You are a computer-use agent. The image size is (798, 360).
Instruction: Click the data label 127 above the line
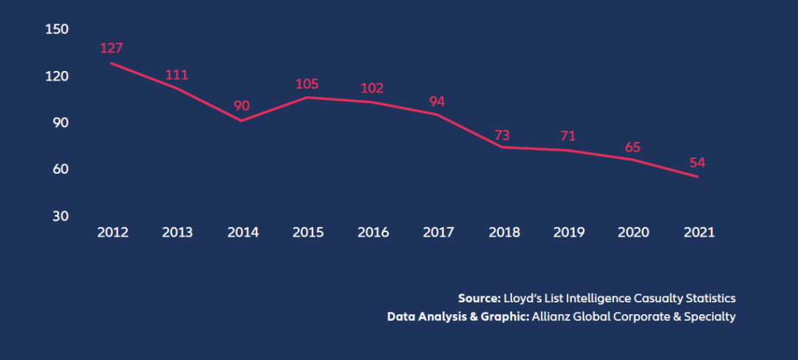click(x=112, y=48)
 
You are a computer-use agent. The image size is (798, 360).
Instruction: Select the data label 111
click(x=177, y=75)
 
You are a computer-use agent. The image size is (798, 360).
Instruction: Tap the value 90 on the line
click(x=242, y=106)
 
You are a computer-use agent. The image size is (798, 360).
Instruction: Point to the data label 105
click(x=307, y=83)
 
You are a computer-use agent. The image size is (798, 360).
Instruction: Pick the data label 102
click(x=372, y=88)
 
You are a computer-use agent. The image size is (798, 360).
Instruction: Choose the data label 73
click(x=502, y=135)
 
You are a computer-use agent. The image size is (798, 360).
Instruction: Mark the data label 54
click(x=698, y=163)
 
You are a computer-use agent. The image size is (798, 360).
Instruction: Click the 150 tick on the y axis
click(x=57, y=29)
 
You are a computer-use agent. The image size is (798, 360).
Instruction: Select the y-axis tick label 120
click(x=57, y=76)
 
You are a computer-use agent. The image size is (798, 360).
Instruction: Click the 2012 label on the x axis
click(x=112, y=232)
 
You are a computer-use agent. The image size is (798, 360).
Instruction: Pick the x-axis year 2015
click(x=307, y=232)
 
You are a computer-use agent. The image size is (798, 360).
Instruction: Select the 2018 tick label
click(x=503, y=232)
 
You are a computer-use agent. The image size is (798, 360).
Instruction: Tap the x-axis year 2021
click(x=699, y=232)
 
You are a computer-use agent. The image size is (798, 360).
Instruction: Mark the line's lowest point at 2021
click(x=698, y=177)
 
